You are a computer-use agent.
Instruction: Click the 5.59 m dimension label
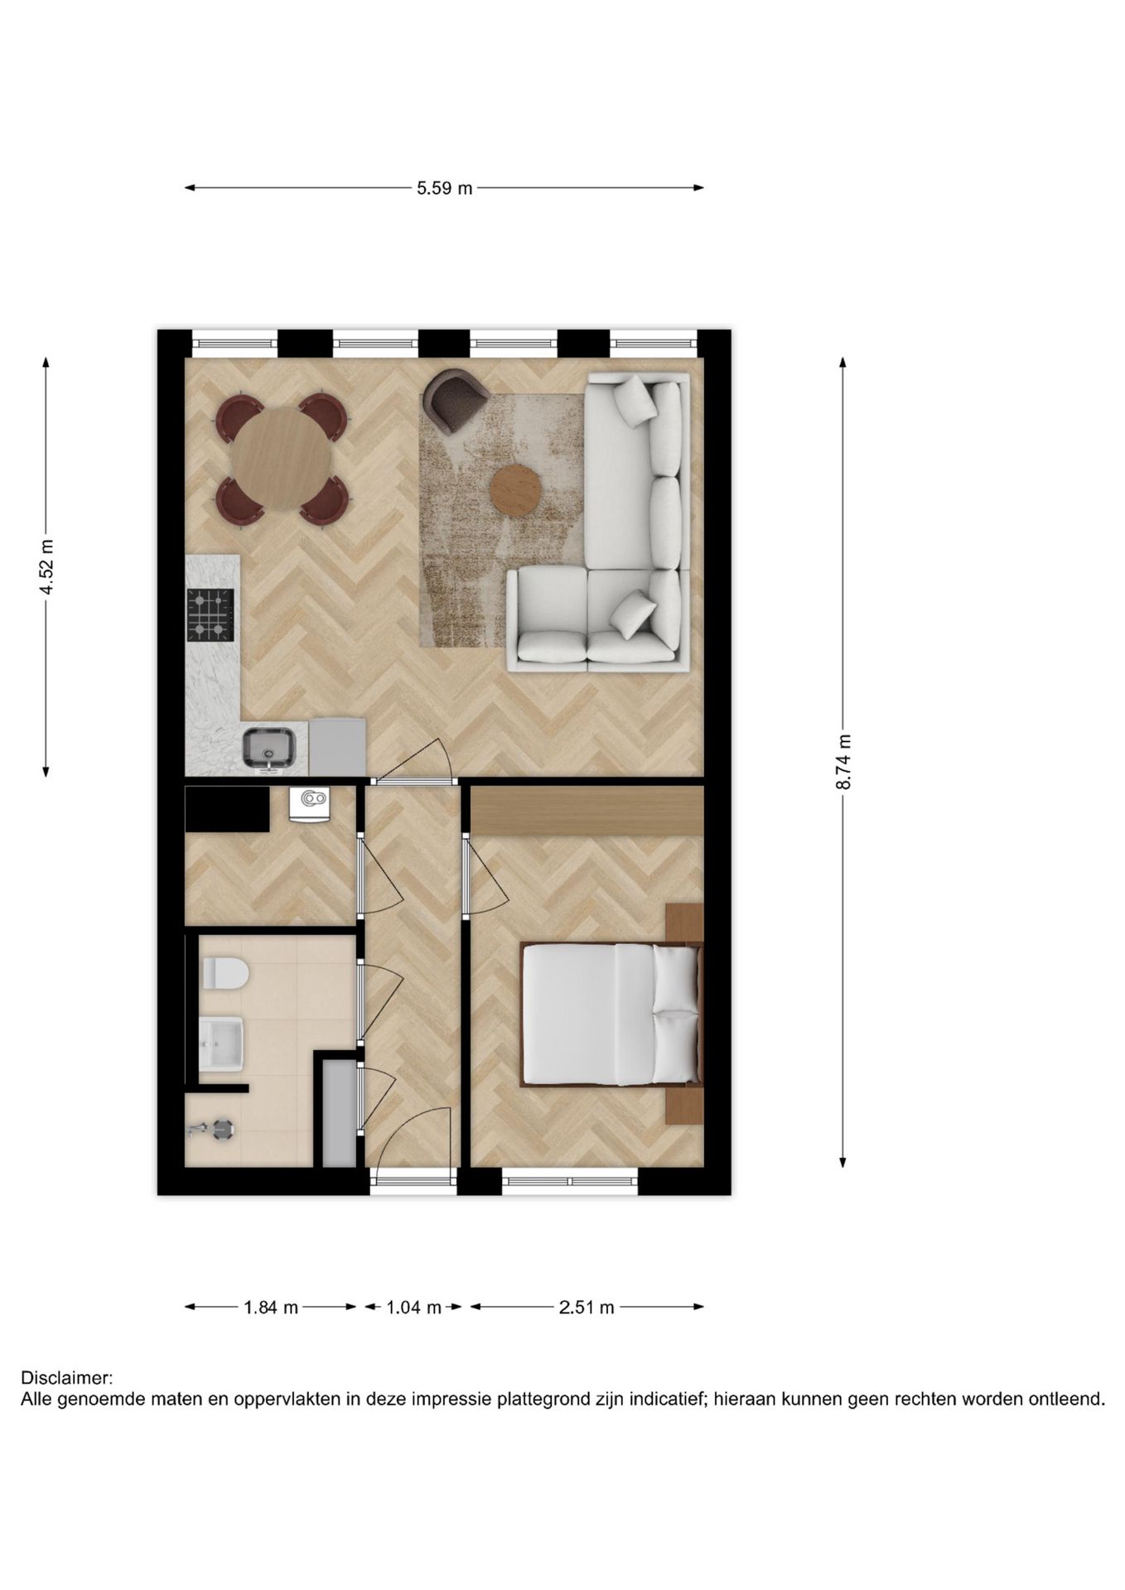click(x=444, y=188)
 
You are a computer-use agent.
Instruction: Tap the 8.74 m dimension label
click(x=843, y=762)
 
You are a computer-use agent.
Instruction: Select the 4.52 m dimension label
click(x=46, y=566)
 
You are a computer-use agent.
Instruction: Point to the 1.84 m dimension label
click(x=270, y=1308)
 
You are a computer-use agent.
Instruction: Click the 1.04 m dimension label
click(x=413, y=1308)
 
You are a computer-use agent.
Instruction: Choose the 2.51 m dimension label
click(x=587, y=1308)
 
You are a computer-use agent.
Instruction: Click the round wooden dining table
click(x=282, y=460)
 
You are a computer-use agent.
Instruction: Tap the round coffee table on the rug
click(x=515, y=490)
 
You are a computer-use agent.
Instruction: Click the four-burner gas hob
click(x=210, y=614)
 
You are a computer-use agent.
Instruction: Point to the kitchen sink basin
click(x=268, y=747)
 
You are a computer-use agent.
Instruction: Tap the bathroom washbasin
click(x=221, y=1045)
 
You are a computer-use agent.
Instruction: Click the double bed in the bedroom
click(x=611, y=1014)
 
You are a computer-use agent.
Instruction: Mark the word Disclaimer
click(x=66, y=1379)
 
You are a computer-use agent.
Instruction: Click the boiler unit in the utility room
click(x=310, y=804)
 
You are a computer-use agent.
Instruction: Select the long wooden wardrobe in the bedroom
click(x=587, y=811)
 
